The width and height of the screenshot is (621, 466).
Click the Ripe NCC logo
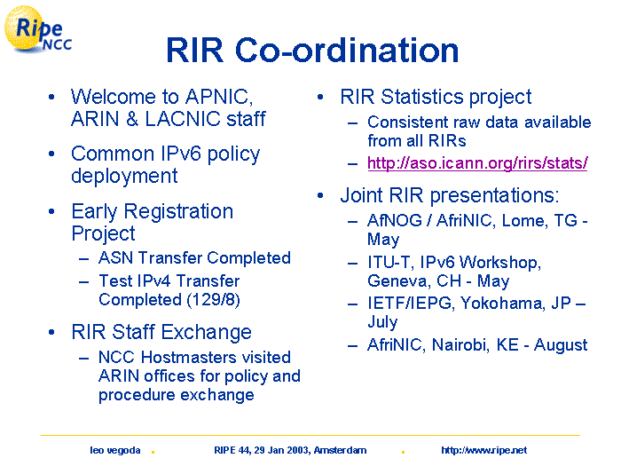37,29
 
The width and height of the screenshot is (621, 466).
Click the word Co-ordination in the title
347,51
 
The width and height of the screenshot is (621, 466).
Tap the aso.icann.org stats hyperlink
477,162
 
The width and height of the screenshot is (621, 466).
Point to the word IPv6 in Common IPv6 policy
181,154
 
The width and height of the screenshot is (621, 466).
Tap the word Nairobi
459,344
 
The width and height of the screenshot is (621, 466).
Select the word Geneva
398,281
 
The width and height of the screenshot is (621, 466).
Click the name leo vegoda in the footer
114,450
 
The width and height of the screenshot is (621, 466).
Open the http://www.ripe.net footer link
484,450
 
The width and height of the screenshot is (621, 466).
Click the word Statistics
422,97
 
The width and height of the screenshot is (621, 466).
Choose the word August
561,345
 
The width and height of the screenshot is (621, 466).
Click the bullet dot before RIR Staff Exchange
51,332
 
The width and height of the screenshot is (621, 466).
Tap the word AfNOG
395,221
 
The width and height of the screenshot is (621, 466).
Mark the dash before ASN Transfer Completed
83,259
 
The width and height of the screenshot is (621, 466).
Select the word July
382,322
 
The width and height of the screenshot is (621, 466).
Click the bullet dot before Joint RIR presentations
320,195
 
